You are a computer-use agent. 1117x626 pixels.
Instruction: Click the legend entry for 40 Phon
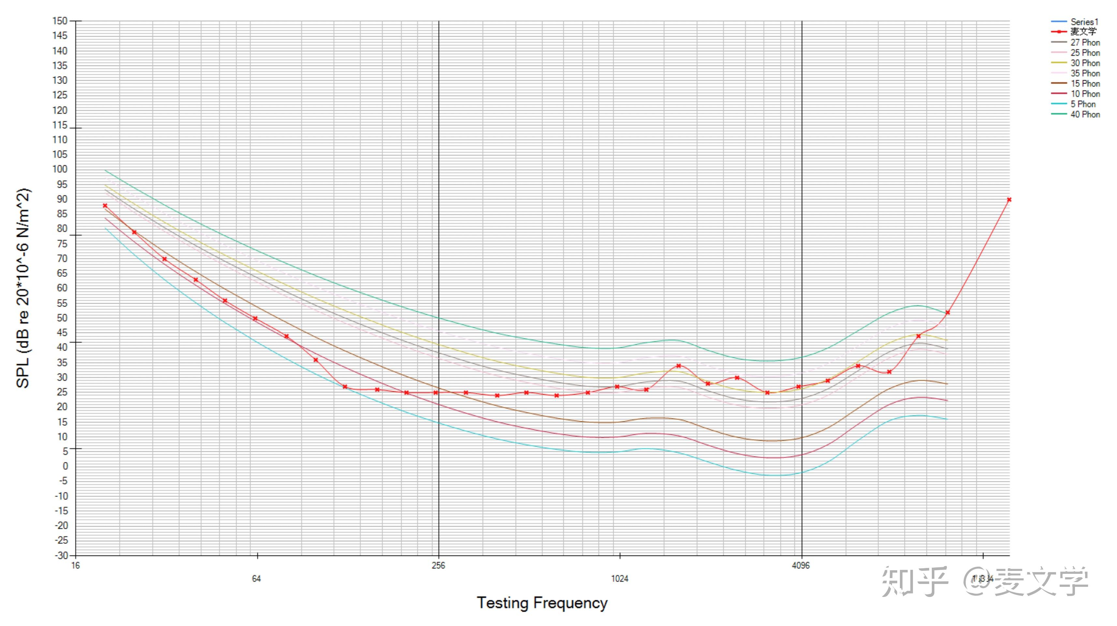[1085, 114]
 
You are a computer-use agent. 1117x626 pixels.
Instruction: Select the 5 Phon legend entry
[1083, 104]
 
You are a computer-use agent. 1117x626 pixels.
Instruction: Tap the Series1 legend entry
[1084, 22]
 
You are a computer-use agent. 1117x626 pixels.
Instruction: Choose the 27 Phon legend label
[1085, 42]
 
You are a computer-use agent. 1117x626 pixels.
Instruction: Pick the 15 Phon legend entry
[1085, 84]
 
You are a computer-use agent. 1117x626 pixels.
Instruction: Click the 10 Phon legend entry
[1085, 94]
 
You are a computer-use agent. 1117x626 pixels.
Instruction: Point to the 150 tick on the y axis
[60, 21]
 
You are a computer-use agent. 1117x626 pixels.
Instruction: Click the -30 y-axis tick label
[61, 555]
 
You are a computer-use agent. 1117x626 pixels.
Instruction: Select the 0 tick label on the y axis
[65, 466]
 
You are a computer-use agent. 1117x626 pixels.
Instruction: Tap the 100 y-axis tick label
[60, 169]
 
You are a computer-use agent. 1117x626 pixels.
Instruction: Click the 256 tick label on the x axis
[439, 565]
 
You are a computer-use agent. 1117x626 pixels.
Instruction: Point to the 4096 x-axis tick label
[800, 565]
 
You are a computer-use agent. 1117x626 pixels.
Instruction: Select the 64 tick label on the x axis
[256, 578]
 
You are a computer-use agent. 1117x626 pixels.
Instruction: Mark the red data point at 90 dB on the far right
[1009, 200]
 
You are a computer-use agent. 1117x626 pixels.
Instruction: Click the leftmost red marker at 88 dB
[105, 205]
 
